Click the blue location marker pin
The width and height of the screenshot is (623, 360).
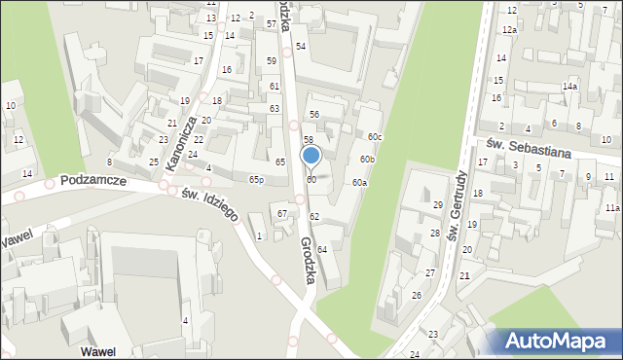click(x=311, y=156)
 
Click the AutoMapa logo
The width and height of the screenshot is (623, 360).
click(x=559, y=341)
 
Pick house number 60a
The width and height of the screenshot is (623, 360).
click(x=359, y=183)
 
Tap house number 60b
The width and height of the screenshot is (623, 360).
click(x=367, y=159)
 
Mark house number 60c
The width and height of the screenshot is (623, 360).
click(x=375, y=136)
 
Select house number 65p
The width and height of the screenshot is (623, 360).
click(x=256, y=180)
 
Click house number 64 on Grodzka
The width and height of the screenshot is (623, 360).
click(x=321, y=250)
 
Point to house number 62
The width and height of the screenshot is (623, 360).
click(x=314, y=216)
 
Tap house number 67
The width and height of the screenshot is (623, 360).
click(x=282, y=213)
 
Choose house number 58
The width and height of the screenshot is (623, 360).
click(x=308, y=140)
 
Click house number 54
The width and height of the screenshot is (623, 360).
click(x=301, y=47)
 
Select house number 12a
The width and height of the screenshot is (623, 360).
click(x=509, y=30)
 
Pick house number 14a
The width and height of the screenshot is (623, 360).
click(x=569, y=87)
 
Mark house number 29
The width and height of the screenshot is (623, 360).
click(x=438, y=204)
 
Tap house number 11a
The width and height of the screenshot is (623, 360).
click(x=610, y=208)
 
